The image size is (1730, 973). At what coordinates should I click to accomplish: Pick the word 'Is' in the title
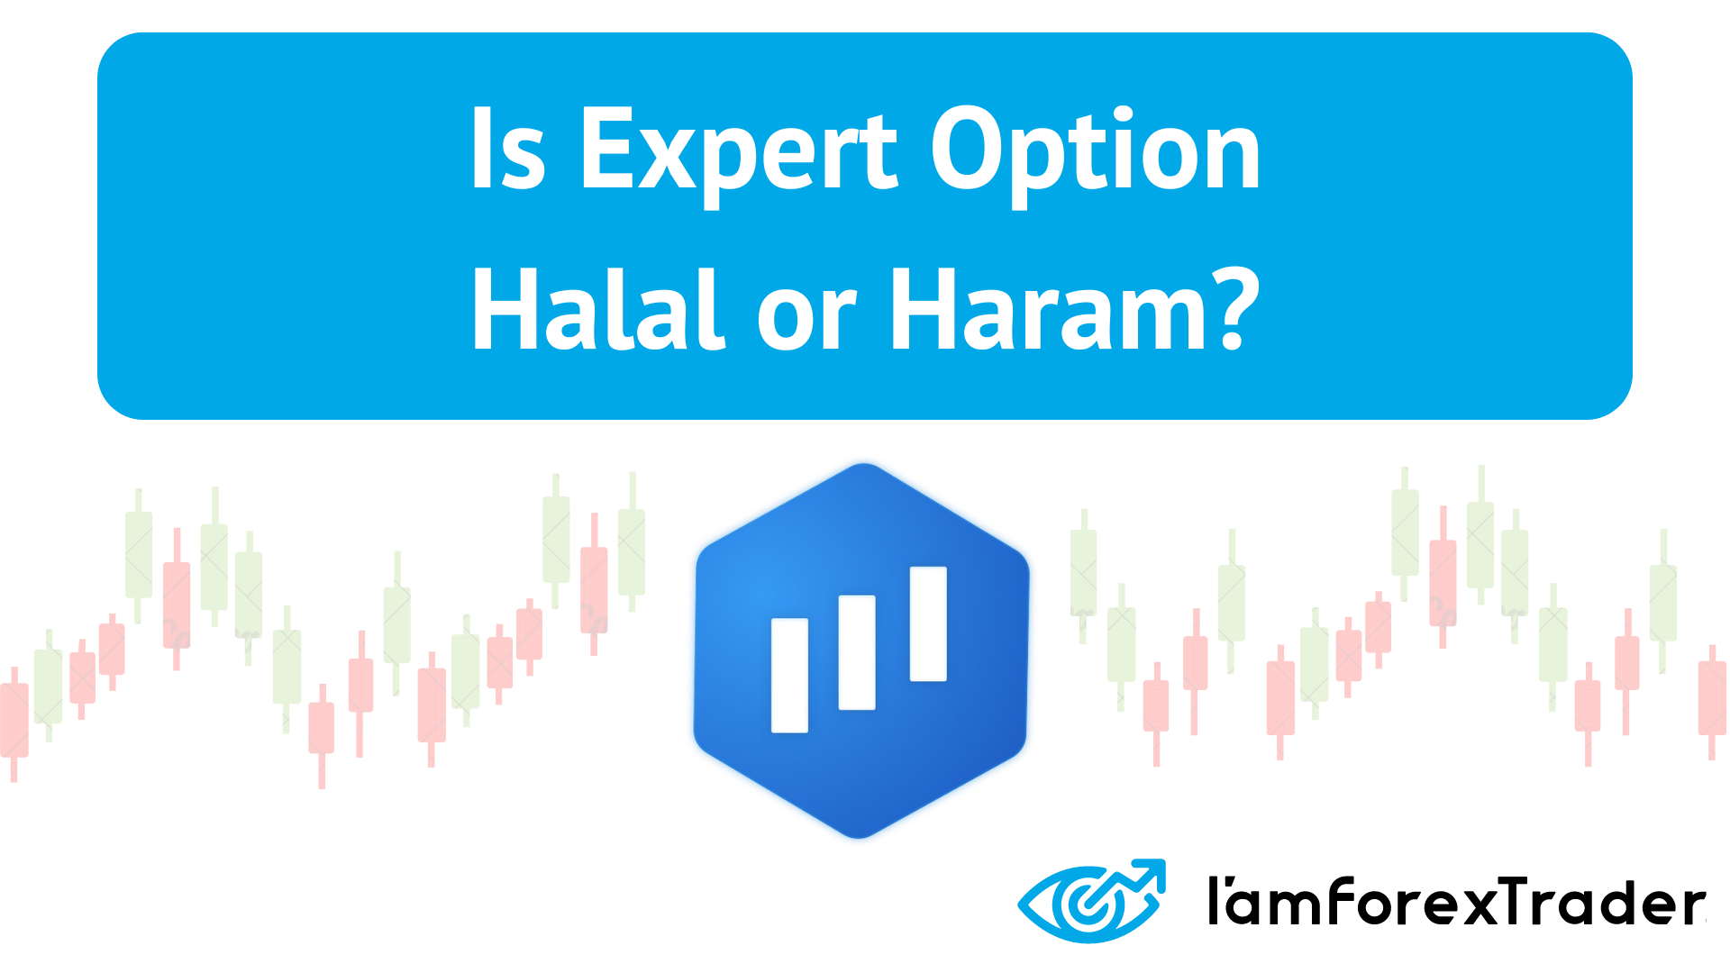point(507,151)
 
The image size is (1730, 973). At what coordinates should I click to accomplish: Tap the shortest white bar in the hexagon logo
point(789,675)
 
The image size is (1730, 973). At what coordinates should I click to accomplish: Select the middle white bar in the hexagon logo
point(857,652)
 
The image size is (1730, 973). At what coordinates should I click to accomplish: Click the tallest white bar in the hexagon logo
point(928,623)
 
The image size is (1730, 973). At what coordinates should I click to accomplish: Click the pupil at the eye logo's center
point(1089,904)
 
